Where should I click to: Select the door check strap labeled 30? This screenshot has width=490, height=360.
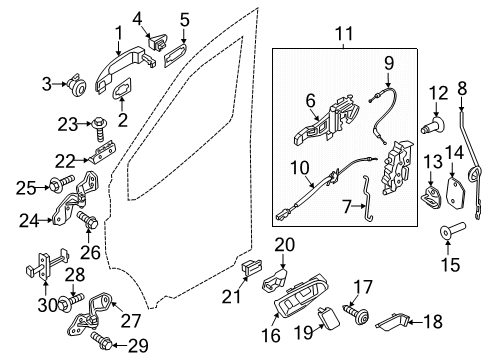coord(36,267)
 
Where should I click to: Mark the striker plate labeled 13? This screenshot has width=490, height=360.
coord(430,195)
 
